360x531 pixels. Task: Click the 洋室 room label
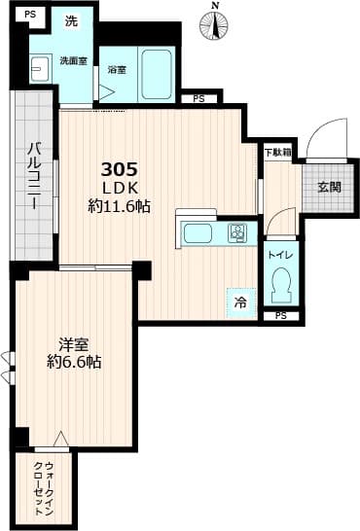click(74, 344)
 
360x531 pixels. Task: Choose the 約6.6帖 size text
click(74, 363)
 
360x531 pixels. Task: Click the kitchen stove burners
click(237, 233)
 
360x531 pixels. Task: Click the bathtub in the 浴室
click(158, 70)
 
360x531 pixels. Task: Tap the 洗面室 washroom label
click(74, 60)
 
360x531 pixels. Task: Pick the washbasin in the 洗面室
click(40, 68)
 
